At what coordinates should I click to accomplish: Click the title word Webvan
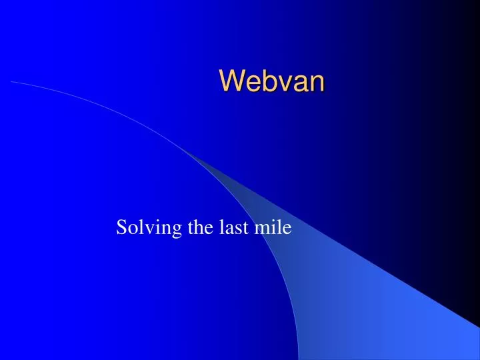272,81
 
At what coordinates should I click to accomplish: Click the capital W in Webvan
231,81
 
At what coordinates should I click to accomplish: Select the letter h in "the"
199,227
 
